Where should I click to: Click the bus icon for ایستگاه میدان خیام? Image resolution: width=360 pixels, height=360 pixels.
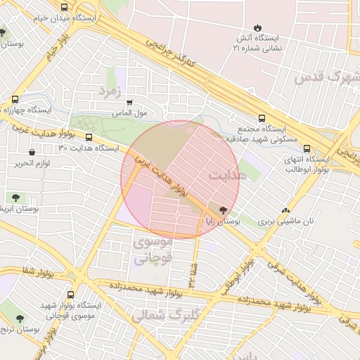pos(64,8)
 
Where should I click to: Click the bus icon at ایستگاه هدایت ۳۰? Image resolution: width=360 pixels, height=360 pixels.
pos(89,138)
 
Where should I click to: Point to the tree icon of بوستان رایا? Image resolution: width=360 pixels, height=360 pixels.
pos(224,210)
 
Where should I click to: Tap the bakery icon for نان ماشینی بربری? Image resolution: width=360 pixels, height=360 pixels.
pos(285,210)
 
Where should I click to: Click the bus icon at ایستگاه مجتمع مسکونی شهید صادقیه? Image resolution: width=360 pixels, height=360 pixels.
pos(262,118)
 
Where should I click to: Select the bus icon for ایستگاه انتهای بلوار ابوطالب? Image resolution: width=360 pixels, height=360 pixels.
pos(307,148)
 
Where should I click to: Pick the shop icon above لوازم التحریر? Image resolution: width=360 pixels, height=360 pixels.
pos(32,153)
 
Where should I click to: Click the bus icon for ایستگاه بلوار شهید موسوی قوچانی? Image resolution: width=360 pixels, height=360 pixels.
pos(70,295)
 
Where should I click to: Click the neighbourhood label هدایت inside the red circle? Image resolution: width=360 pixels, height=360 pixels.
pos(229,174)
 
